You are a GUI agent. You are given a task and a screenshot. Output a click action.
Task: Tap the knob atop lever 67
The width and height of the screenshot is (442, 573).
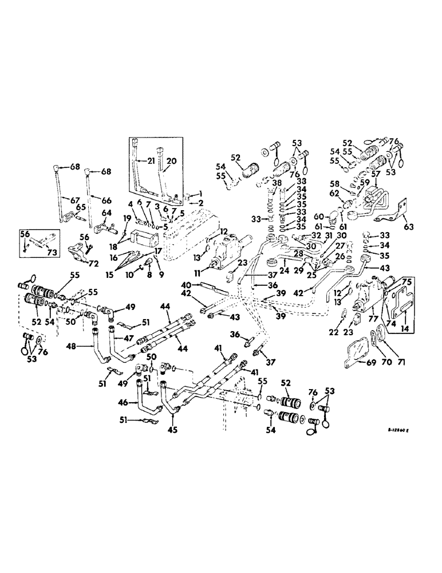click(x=60, y=171)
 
